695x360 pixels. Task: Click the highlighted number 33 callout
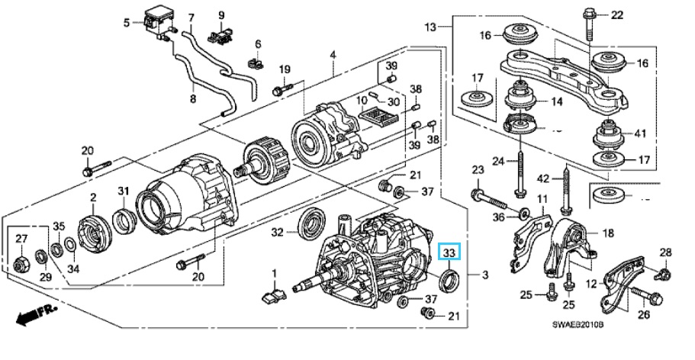point(449,252)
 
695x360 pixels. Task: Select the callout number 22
point(616,15)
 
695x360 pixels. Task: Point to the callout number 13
point(430,27)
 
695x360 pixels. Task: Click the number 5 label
point(127,22)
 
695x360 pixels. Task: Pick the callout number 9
point(221,15)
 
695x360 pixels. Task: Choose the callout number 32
point(278,232)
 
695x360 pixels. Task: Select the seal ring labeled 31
point(124,221)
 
